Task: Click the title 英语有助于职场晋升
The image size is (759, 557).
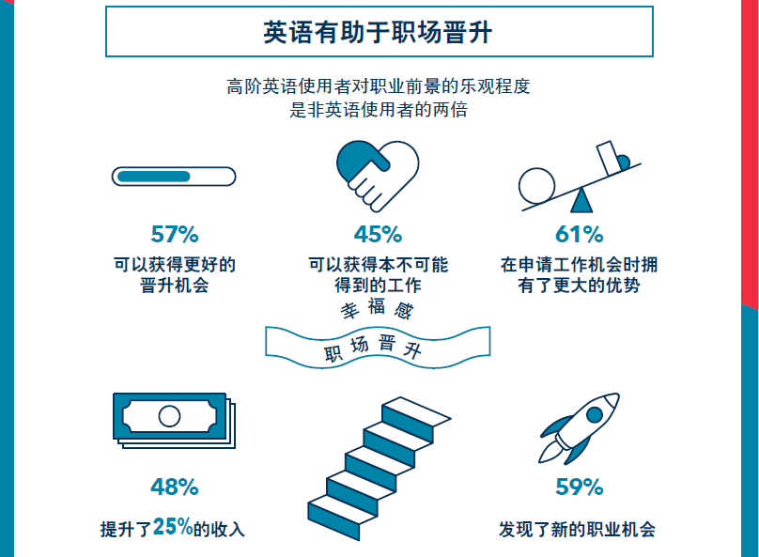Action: [378, 33]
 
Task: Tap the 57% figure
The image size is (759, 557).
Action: [175, 234]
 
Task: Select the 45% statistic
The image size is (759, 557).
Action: [378, 234]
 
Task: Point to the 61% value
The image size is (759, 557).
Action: [580, 234]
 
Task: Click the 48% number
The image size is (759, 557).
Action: [175, 487]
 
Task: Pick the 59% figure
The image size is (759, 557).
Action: [580, 487]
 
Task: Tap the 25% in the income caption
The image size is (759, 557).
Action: [173, 527]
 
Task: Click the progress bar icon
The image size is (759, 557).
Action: [174, 177]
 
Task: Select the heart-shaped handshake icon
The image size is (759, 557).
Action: [378, 177]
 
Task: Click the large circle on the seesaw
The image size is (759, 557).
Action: [536, 186]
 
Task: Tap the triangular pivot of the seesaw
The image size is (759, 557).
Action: [581, 200]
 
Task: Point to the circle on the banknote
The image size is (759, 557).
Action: [169, 416]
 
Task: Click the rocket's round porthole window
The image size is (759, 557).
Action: [595, 414]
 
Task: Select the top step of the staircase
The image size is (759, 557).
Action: [417, 411]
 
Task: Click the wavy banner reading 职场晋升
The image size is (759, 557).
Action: [378, 347]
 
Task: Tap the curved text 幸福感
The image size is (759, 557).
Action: [377, 308]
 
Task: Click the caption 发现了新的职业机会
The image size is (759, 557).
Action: [578, 530]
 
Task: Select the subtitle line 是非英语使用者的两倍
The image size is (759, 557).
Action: [379, 110]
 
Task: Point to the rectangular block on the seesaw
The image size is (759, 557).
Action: [609, 158]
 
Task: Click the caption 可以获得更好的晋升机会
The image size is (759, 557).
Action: [175, 275]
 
